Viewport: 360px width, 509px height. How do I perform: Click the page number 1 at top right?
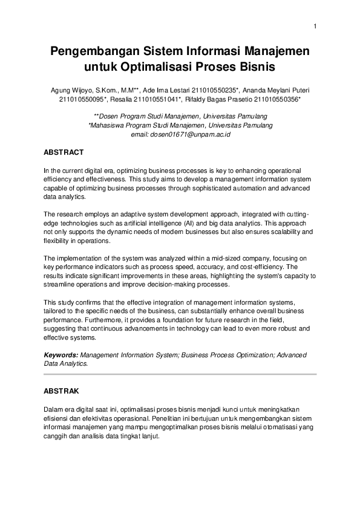(315, 25)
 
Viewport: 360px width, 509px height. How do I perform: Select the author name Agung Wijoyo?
(70, 89)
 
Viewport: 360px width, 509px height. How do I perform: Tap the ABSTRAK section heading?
(62, 391)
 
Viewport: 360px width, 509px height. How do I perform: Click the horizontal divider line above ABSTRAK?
(180, 375)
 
